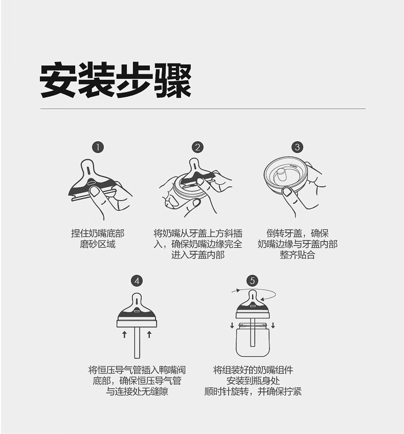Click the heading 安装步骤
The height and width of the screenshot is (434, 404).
116,80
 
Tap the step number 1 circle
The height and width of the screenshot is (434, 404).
98,147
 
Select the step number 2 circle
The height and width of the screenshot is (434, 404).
197,147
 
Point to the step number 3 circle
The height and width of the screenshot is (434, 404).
297,147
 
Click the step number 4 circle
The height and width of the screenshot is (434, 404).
137,281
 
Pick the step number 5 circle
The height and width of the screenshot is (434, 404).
252,281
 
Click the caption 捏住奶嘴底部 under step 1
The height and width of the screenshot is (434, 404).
98,233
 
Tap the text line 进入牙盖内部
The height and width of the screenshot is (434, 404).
198,255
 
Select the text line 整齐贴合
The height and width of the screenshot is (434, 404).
297,255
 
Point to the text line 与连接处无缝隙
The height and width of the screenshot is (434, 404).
137,392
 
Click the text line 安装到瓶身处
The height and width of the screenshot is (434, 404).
253,381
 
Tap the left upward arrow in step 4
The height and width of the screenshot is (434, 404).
124,334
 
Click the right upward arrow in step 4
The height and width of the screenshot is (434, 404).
149,334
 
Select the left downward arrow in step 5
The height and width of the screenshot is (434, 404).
232,325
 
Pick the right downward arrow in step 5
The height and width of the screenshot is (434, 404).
273,325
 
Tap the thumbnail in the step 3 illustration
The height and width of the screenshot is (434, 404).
287,192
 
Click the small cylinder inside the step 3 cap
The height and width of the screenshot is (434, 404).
281,175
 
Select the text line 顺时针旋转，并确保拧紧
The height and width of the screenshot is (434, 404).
253,392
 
